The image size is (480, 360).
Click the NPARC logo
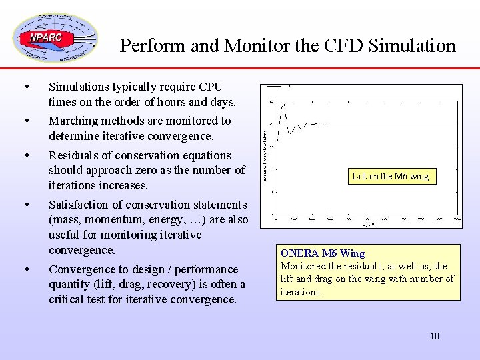pyautogui.click(x=55, y=38)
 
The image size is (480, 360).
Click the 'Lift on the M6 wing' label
pyautogui.click(x=391, y=176)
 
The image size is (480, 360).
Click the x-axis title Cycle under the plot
pyautogui.click(x=368, y=225)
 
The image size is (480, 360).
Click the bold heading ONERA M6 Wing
pyautogui.click(x=323, y=253)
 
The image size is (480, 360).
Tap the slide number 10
pyautogui.click(x=435, y=336)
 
